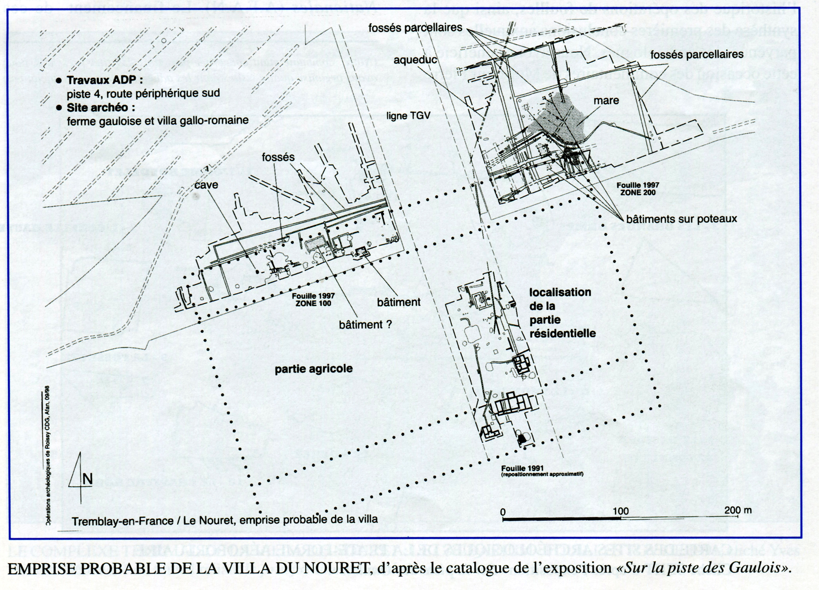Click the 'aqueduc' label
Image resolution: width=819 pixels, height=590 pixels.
pos(415,59)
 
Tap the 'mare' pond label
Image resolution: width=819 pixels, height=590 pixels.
pos(606,101)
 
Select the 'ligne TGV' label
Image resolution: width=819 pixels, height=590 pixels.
pos(408,116)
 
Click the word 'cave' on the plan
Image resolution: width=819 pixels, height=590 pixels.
pos(206,185)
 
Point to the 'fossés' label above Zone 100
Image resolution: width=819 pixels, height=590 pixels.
pos(278,157)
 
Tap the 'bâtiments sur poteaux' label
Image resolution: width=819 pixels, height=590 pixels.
pos(681,219)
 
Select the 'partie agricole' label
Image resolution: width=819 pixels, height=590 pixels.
pos(313,369)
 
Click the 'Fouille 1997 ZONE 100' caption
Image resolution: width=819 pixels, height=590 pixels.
pos(313,300)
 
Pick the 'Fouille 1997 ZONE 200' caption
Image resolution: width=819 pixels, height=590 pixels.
pos(637,189)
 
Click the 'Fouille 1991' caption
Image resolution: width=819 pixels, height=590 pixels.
pos(523,468)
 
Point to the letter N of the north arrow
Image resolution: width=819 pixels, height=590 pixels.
pos(87,479)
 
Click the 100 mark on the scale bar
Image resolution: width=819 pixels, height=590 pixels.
pos(621,511)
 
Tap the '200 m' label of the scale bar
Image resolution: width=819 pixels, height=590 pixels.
pos(737,510)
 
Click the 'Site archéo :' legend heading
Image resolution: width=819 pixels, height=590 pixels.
pos(97,107)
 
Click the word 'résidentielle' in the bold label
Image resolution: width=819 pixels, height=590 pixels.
pos(562,333)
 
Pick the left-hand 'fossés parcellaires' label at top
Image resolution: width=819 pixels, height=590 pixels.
pos(415,28)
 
